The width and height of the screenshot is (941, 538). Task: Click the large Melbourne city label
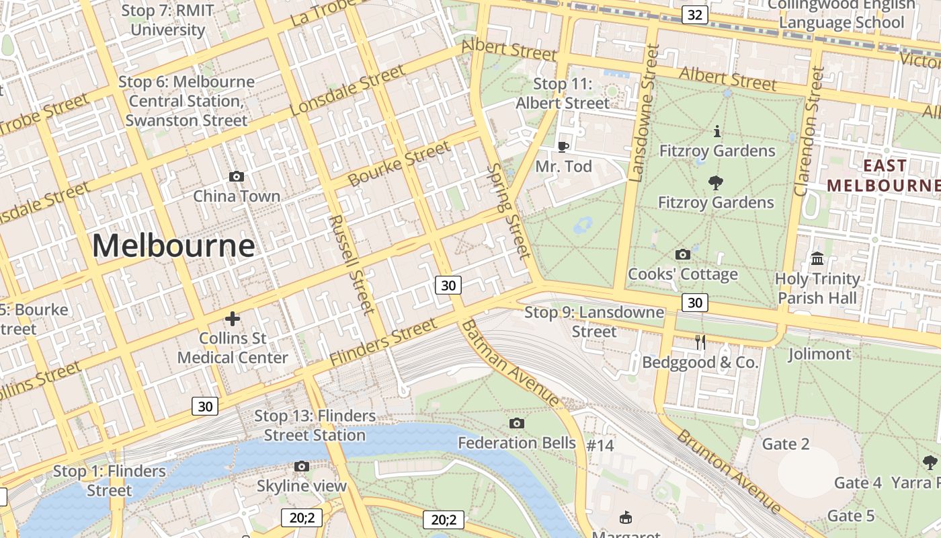[x=173, y=245]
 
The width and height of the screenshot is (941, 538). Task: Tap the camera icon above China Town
[x=237, y=177]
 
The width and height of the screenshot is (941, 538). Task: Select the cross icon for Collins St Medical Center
[x=233, y=318]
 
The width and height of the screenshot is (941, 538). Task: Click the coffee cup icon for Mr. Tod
[x=563, y=146]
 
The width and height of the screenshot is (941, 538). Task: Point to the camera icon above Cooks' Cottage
[x=682, y=254]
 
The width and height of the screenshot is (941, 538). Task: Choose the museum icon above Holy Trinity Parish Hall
[x=817, y=258]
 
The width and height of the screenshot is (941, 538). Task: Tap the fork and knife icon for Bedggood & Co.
[x=700, y=342]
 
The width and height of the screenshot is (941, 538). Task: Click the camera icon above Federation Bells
[x=516, y=423]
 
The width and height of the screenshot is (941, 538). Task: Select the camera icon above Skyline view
[x=302, y=466]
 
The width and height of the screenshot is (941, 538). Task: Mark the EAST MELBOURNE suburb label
[x=883, y=175]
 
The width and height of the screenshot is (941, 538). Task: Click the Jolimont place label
[x=819, y=354]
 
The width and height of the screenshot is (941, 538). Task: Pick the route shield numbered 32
[x=695, y=14]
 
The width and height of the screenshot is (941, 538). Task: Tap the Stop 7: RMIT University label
[x=167, y=20]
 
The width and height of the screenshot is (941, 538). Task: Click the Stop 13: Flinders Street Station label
[x=315, y=425]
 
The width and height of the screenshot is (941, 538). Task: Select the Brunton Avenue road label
[x=729, y=471]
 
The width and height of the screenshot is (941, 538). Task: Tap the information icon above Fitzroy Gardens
[x=717, y=130]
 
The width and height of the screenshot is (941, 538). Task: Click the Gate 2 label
[x=785, y=444]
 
